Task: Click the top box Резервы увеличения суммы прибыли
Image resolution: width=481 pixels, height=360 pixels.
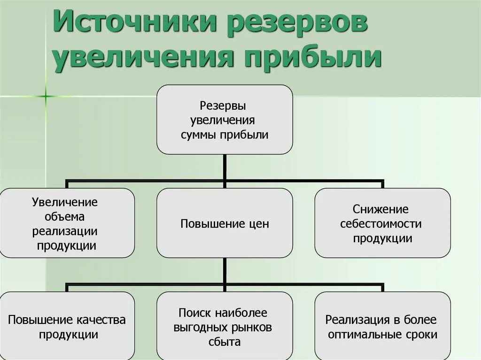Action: pyautogui.click(x=225, y=120)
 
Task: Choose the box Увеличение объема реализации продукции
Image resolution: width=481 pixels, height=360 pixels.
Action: pyautogui.click(x=67, y=223)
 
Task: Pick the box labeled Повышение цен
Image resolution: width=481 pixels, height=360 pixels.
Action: pyautogui.click(x=225, y=223)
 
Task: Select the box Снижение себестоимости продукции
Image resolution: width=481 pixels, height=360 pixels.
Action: pyautogui.click(x=382, y=223)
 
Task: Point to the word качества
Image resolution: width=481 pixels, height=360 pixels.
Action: pyautogui.click(x=101, y=320)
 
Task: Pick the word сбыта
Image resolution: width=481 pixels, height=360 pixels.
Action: pyautogui.click(x=225, y=342)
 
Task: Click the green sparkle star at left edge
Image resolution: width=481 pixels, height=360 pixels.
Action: pyautogui.click(x=46, y=97)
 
